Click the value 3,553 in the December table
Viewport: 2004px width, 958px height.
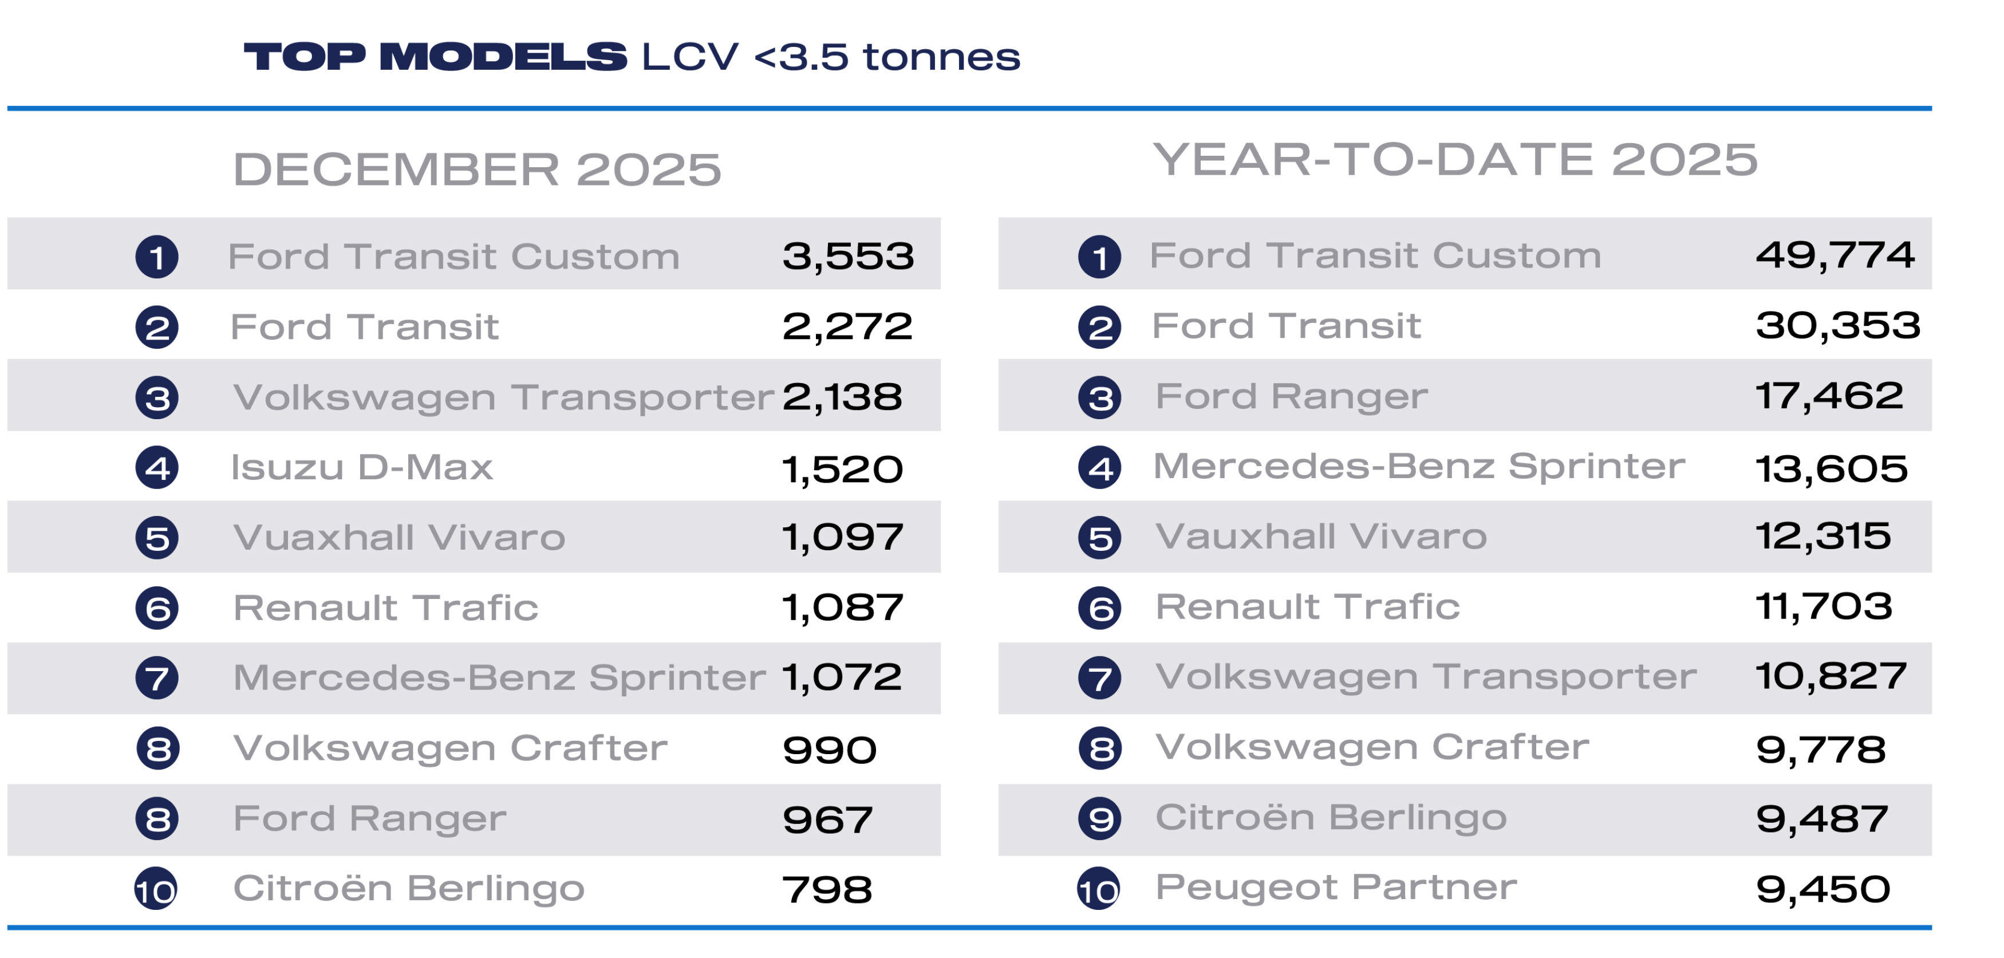[x=847, y=256]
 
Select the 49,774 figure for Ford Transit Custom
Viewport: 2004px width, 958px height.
[x=1835, y=255]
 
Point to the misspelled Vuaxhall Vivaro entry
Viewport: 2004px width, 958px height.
[x=399, y=538]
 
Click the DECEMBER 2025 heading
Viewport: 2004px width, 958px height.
[x=477, y=169]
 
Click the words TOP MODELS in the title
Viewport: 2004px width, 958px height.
[x=435, y=57]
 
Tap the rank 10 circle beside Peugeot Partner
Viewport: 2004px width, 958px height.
[x=1098, y=889]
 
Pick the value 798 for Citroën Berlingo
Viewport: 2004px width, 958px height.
[x=826, y=889]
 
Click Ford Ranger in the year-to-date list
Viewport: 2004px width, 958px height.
[x=1291, y=396]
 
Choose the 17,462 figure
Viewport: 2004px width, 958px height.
[x=1829, y=396]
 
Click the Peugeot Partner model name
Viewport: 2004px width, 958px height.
[x=1336, y=887]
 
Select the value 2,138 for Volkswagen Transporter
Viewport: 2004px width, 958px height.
[x=842, y=397]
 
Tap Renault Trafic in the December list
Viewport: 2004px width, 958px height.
[x=385, y=608]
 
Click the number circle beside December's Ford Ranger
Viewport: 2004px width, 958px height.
[x=157, y=819]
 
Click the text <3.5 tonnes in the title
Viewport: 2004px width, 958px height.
[x=887, y=57]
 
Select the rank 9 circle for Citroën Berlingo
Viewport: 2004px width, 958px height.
[x=1099, y=819]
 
